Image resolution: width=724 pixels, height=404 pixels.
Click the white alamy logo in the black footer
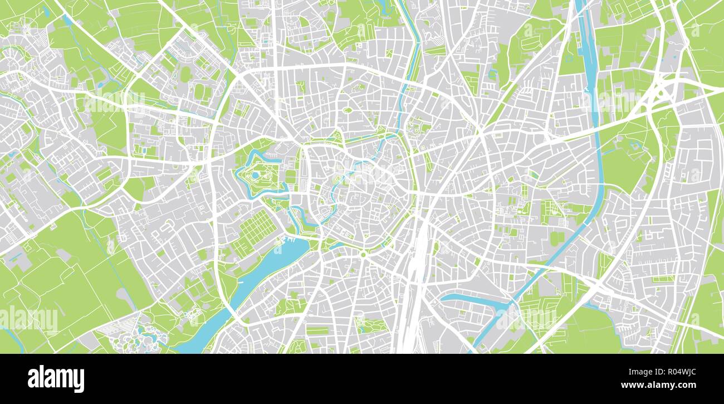click(56, 379)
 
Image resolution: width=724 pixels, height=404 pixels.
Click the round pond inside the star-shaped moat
click(255, 175)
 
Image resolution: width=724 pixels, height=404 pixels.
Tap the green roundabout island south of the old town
click(363, 255)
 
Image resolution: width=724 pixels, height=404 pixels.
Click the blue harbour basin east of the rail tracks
click(473, 301)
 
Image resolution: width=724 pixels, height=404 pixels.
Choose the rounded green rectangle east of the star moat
click(291, 177)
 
